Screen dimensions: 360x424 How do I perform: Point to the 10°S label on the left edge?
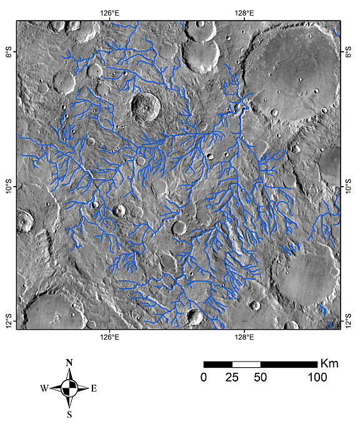click(x=9, y=187)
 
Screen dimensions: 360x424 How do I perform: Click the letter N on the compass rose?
click(x=69, y=363)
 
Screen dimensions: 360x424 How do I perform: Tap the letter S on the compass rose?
click(x=69, y=413)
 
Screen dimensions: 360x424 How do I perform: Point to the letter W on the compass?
click(x=44, y=388)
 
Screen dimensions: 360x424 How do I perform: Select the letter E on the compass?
click(x=94, y=388)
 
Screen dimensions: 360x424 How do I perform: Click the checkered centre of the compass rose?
click(x=69, y=388)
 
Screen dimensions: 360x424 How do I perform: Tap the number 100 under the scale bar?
click(x=317, y=377)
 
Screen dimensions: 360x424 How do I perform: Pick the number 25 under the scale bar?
click(x=232, y=377)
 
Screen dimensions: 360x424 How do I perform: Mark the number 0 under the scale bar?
click(x=204, y=377)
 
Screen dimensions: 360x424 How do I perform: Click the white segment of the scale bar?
click(x=246, y=364)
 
